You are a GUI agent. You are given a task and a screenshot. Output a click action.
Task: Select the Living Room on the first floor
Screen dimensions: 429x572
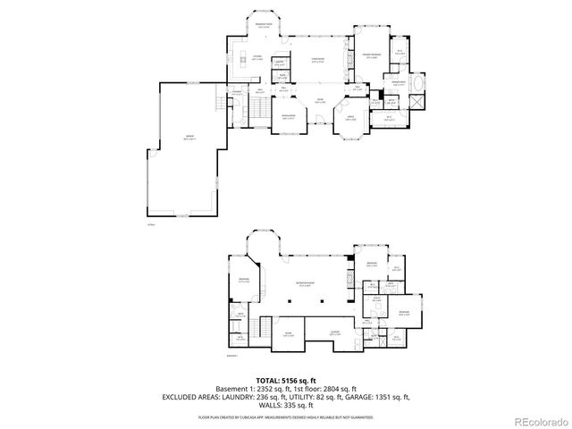[x=317, y=62]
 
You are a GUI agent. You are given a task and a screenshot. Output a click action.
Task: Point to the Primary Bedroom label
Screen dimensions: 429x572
[x=372, y=55]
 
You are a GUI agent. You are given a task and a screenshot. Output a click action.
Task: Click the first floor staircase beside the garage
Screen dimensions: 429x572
[x=254, y=108]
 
